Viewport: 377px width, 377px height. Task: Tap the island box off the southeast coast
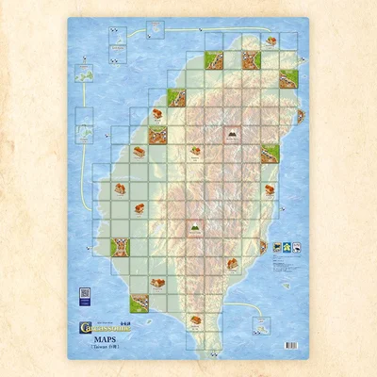coord(260,323)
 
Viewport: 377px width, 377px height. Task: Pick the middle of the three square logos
coord(287,248)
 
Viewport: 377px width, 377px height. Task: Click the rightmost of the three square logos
coord(297,248)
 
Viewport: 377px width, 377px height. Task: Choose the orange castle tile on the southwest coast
coord(122,247)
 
